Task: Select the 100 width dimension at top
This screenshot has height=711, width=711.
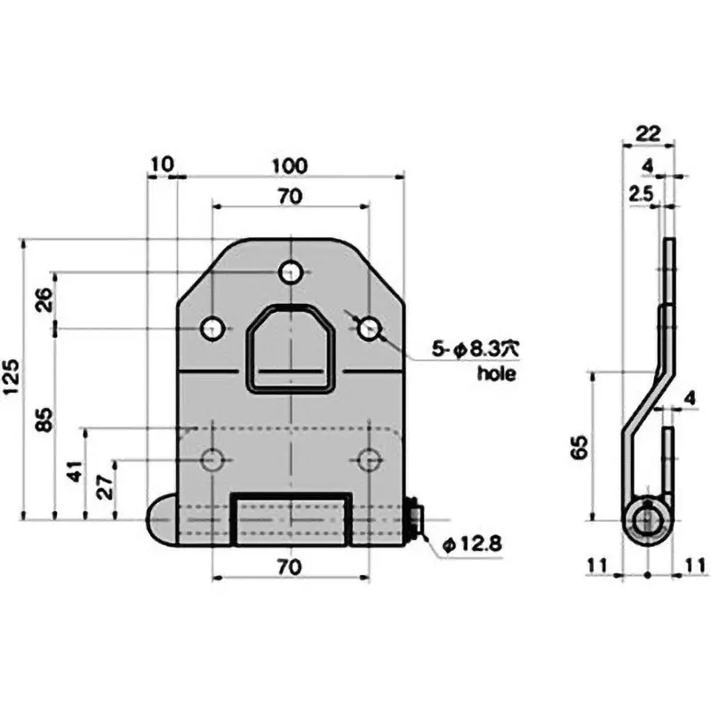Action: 290,166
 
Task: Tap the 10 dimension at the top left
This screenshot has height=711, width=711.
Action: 162,166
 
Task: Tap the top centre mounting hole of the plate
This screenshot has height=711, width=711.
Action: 291,272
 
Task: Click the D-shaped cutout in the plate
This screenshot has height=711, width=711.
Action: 291,347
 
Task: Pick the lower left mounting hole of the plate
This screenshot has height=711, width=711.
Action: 212,459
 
